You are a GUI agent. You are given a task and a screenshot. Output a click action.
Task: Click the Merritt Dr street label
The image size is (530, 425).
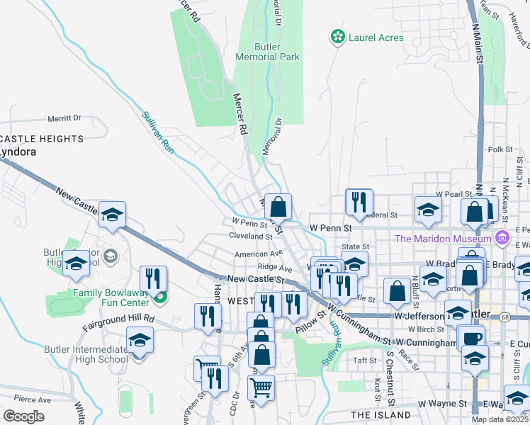tap(64, 119)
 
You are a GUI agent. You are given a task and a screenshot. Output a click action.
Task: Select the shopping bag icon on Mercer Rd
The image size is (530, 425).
tap(279, 208)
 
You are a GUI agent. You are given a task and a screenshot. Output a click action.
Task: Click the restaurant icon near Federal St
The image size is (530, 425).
tap(359, 201)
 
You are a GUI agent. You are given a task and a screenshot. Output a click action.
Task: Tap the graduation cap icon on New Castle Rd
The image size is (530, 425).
tap(112, 215)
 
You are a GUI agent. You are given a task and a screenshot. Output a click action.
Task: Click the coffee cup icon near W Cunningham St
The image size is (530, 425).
tap(471, 338)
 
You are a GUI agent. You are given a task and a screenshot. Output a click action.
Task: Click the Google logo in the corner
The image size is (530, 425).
tap(23, 416)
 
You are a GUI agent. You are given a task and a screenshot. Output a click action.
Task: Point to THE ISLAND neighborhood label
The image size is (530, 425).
tap(380, 414)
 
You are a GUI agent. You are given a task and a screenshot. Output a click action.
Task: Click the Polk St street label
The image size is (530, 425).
tap(500, 149)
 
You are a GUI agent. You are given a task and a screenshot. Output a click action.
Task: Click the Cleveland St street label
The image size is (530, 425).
tap(251, 236)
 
